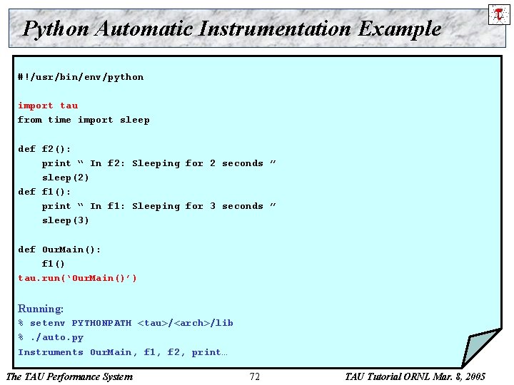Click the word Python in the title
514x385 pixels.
pos(56,29)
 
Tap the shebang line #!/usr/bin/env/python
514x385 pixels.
pos(81,77)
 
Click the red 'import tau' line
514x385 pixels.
pos(48,106)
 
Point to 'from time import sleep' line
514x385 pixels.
pos(84,120)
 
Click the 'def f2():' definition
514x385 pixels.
pos(44,149)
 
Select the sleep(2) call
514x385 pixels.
pos(66,178)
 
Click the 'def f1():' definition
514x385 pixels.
pos(44,192)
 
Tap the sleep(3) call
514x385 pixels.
pos(66,220)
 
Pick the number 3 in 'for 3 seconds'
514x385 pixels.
pos(212,206)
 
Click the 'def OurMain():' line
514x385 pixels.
pos(59,250)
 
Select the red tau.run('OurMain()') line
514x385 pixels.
pos(77,278)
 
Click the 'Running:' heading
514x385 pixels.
pos(41,309)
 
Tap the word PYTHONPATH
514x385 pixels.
pos(101,323)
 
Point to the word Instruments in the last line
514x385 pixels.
pos(50,352)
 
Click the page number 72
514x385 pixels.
pos(255,376)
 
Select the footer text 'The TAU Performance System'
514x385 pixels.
pos(69,376)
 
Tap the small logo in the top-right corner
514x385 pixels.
pos(498,14)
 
